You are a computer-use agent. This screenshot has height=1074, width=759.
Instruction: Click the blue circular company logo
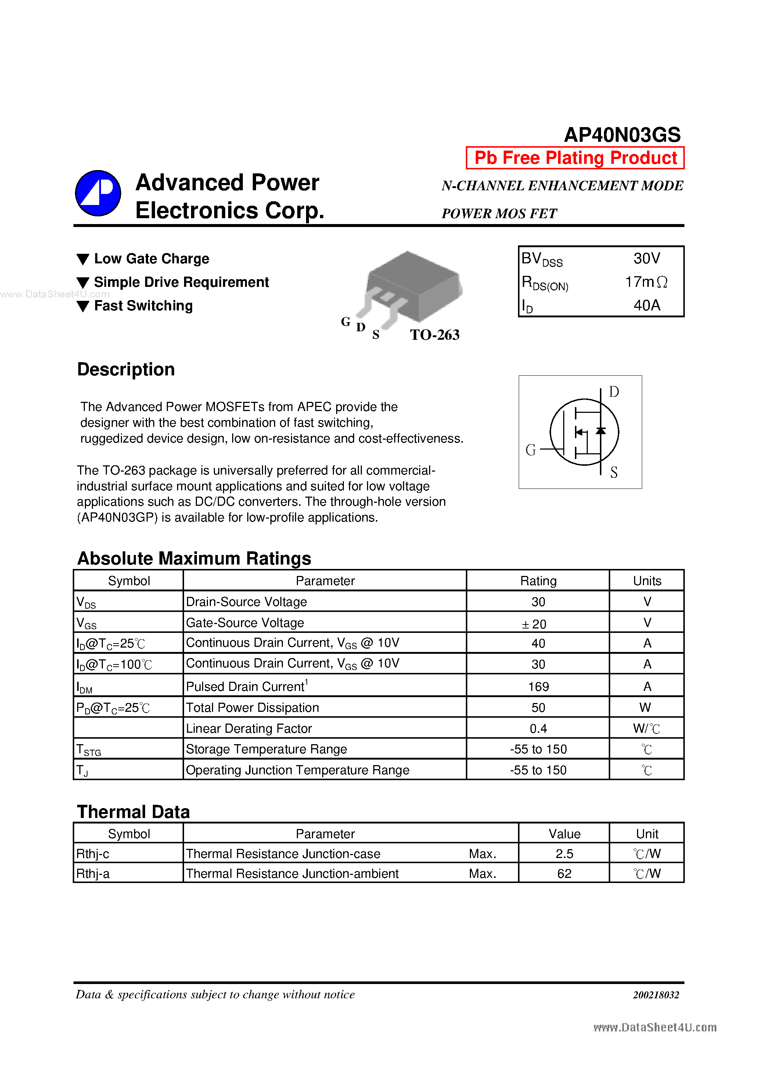point(98,193)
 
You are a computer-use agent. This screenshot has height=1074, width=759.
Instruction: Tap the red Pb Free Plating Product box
point(575,158)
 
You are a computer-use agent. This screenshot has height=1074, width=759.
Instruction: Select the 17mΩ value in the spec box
point(646,282)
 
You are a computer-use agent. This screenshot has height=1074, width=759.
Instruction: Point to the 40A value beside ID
point(647,306)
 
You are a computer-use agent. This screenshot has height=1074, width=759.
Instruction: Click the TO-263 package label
point(435,335)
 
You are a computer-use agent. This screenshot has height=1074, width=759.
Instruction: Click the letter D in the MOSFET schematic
point(614,392)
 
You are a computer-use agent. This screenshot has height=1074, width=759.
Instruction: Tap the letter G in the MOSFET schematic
point(530,450)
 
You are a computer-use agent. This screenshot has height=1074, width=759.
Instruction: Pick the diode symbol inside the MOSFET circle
point(601,431)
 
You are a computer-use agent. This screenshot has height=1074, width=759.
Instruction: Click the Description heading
point(126,370)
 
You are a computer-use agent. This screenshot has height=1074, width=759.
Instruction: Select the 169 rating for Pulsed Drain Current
point(538,687)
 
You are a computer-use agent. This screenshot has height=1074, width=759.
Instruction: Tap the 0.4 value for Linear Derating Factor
point(538,728)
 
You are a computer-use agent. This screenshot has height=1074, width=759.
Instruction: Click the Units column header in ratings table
point(647,581)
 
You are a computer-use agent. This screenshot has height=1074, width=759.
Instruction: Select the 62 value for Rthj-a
point(564,874)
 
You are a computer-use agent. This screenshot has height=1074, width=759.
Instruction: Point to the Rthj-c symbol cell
point(93,854)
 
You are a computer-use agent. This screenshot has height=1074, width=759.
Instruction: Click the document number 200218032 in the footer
point(656,995)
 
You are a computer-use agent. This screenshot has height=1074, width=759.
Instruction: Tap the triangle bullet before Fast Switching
point(83,306)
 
